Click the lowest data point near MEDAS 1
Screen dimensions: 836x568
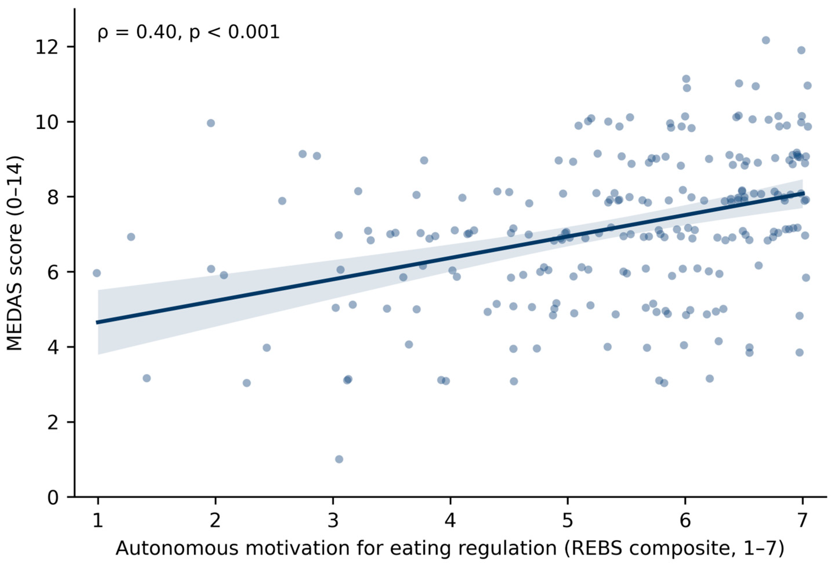(x=339, y=459)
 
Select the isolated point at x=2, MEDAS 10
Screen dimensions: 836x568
(x=211, y=123)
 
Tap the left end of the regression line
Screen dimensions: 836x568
(x=97, y=322)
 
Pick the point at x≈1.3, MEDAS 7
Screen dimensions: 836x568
(x=131, y=237)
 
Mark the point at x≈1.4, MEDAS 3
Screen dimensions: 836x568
(x=146, y=378)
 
